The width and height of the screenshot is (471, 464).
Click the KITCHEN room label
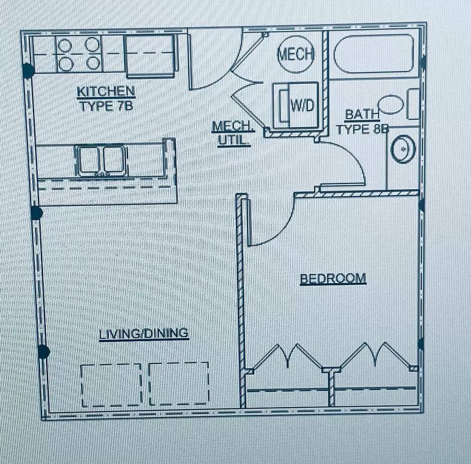pos(106,92)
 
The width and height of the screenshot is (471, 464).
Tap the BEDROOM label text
pos(333,278)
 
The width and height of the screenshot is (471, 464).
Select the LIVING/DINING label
pos(144,333)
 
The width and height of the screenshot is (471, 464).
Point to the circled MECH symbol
pos(295,55)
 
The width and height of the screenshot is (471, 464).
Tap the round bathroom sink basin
pos(403,149)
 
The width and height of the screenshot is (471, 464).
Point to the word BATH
pos(362,115)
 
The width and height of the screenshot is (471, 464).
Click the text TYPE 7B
pos(106,106)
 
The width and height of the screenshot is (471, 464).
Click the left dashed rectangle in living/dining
pos(111,385)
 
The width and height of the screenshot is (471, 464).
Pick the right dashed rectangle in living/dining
pos(179,384)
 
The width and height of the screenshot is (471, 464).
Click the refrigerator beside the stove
pos(150,56)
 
